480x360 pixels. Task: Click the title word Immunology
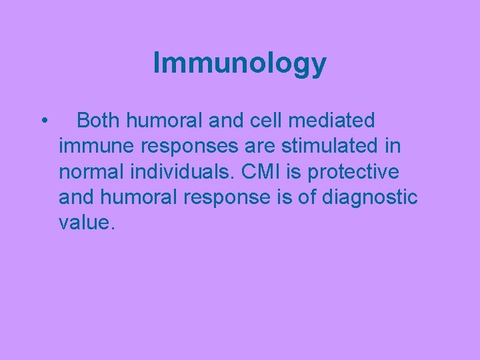239,64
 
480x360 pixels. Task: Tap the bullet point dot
43,121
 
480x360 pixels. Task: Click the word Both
99,121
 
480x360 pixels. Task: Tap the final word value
87,223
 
